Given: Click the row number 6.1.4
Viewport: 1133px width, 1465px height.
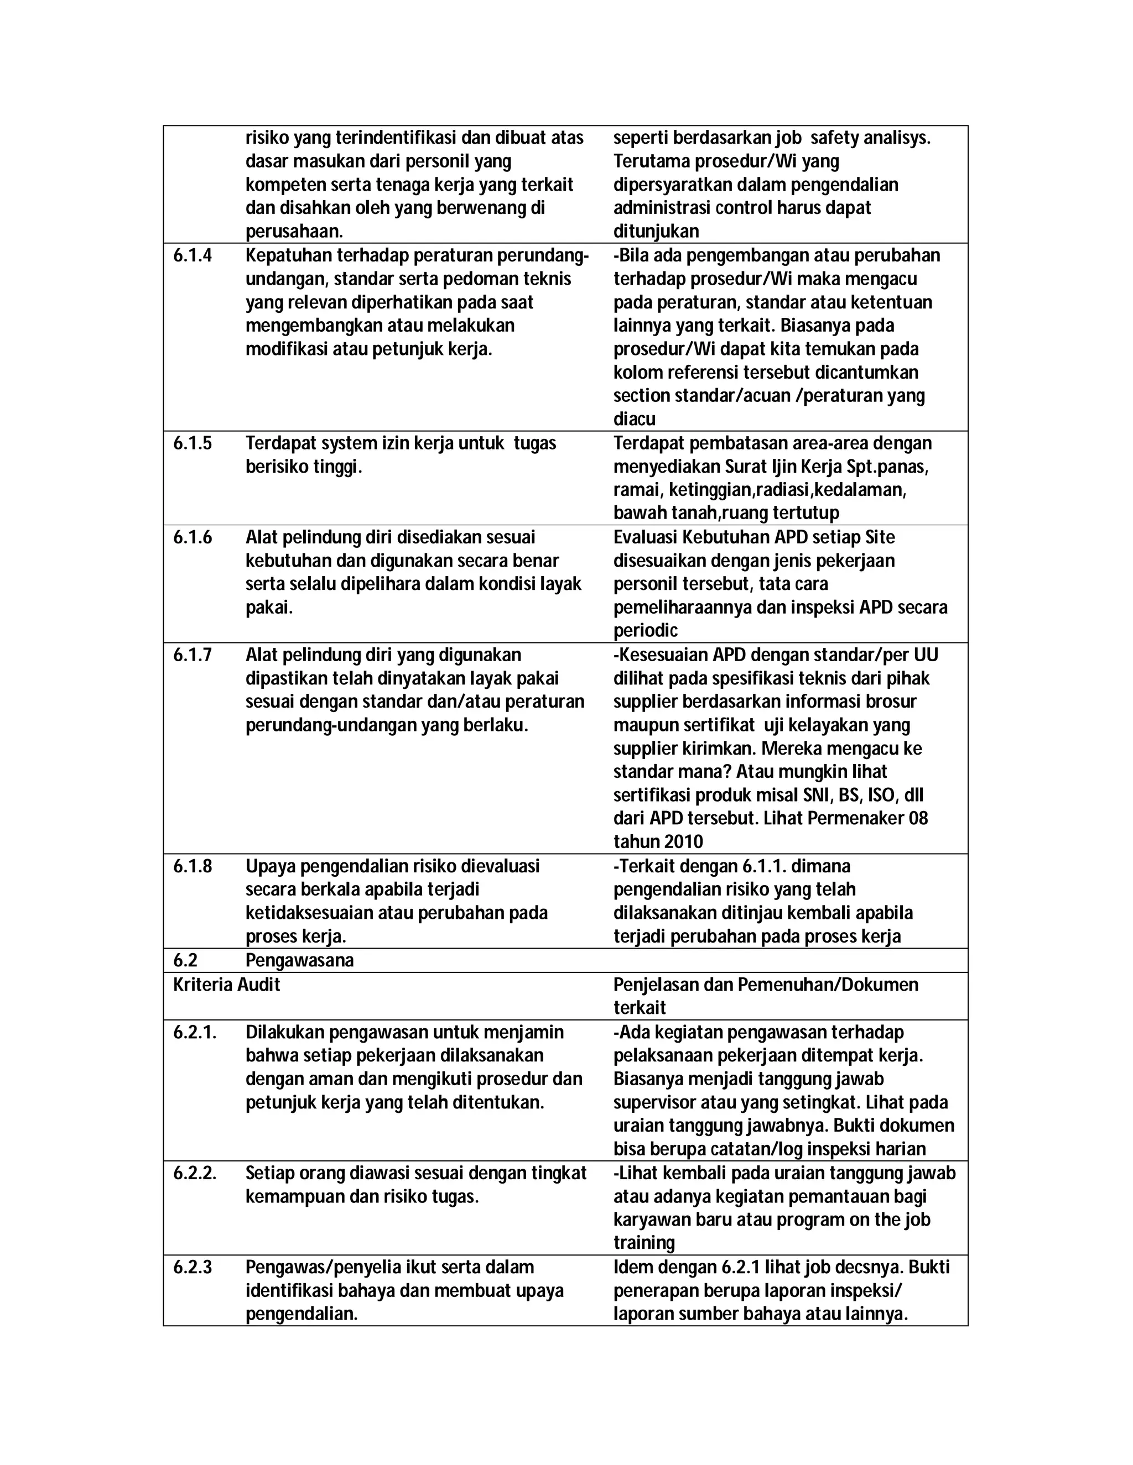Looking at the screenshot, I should [192, 255].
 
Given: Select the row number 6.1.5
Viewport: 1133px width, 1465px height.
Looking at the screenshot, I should [192, 443].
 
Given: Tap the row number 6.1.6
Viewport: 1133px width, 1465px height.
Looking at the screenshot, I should [192, 537].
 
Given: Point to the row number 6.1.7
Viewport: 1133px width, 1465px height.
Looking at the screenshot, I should [192, 655].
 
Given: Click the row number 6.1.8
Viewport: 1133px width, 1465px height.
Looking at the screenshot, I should [192, 866].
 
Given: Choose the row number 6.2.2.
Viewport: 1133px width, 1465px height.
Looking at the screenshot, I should [195, 1173].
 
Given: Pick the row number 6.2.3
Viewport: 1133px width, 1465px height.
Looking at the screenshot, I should [192, 1267].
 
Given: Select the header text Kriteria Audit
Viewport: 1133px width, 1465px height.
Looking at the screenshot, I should [226, 985].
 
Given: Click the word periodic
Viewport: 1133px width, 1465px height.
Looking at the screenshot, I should [645, 631].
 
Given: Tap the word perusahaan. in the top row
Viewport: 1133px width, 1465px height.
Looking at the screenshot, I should [294, 232].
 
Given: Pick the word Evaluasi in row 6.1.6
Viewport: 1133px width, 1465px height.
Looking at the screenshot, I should [645, 537].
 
